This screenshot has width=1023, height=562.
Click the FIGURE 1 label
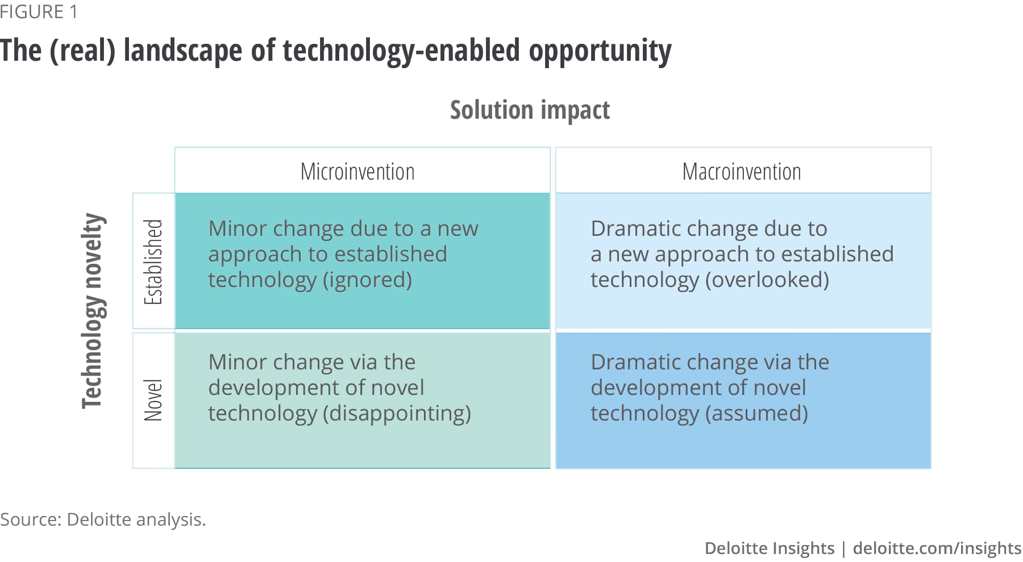tap(39, 11)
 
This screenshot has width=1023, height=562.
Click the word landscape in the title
tap(183, 51)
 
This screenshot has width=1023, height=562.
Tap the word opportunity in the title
tap(600, 51)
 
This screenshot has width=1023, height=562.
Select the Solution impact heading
tap(530, 110)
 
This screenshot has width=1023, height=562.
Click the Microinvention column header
tap(358, 171)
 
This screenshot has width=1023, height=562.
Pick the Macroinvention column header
tap(742, 171)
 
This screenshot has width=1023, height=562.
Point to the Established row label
tap(153, 262)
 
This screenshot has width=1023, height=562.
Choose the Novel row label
tap(153, 400)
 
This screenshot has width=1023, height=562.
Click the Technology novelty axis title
tap(93, 311)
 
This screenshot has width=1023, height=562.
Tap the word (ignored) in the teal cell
tap(367, 280)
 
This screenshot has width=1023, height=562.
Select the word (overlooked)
tap(767, 280)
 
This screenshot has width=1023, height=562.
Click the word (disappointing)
tap(397, 413)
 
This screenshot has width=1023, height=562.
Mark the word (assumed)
tap(757, 413)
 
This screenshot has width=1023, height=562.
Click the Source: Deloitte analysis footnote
tap(103, 520)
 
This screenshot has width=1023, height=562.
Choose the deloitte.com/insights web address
tap(937, 548)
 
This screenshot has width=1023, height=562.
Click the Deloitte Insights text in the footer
tap(769, 548)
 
